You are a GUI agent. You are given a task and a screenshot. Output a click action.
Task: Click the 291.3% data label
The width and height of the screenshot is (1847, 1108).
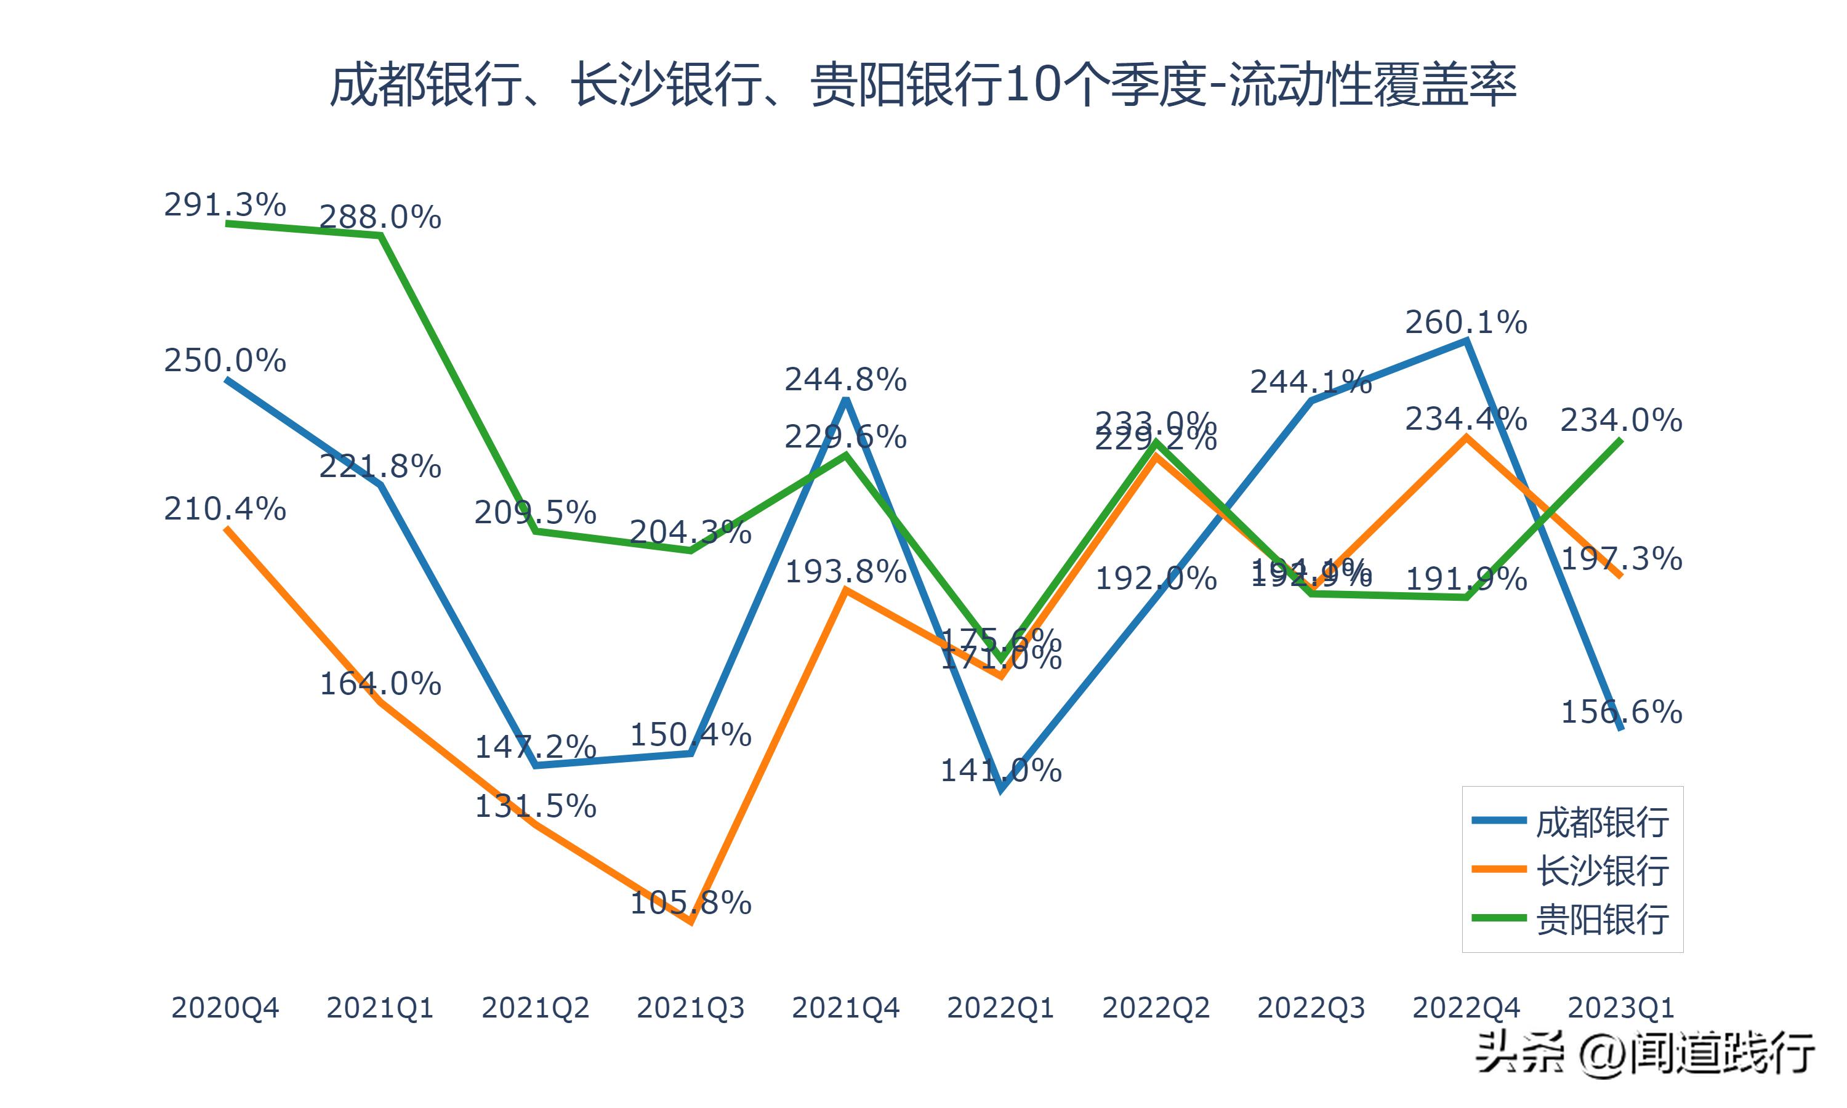(x=225, y=204)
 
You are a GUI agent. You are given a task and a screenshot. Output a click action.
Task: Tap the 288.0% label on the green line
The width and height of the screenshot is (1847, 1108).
(x=380, y=217)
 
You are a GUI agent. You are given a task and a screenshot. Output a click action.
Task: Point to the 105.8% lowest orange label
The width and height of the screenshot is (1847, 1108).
(x=691, y=904)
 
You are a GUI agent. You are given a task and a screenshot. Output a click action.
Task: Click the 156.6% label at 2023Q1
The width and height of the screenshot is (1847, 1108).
(x=1621, y=712)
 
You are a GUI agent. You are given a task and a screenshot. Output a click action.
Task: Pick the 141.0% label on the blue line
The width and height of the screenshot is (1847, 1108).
(x=1000, y=771)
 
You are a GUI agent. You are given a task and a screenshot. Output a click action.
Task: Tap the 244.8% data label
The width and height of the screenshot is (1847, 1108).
(x=845, y=380)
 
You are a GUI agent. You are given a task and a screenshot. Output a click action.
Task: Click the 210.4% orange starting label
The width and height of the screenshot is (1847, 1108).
(x=225, y=509)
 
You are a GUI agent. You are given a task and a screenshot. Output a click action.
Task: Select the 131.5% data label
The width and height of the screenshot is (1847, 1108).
(x=535, y=806)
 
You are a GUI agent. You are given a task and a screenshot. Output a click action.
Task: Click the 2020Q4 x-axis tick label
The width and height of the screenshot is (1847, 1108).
(x=225, y=1008)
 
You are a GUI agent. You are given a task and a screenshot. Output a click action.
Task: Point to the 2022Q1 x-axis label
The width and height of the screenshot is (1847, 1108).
(x=1000, y=1008)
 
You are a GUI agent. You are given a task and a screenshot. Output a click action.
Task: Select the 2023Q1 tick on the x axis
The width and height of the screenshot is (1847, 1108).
(x=1621, y=1008)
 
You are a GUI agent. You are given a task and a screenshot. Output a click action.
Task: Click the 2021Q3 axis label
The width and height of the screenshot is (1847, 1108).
(x=691, y=1008)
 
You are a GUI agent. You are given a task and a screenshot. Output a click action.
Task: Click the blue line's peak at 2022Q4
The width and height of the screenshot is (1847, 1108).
(x=1467, y=341)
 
